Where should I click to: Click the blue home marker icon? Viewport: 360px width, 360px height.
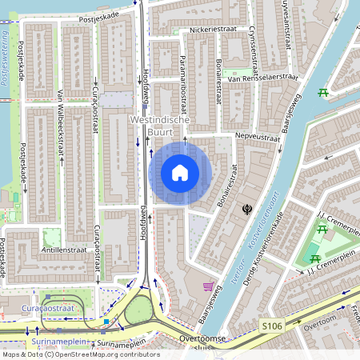[180, 173]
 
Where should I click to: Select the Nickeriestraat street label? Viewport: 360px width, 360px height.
[212, 31]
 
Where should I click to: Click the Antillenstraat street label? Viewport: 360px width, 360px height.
[65, 250]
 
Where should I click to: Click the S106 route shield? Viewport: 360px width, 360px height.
[270, 326]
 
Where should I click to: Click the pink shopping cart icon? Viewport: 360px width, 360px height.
[208, 286]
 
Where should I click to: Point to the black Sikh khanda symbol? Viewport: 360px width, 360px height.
[248, 209]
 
